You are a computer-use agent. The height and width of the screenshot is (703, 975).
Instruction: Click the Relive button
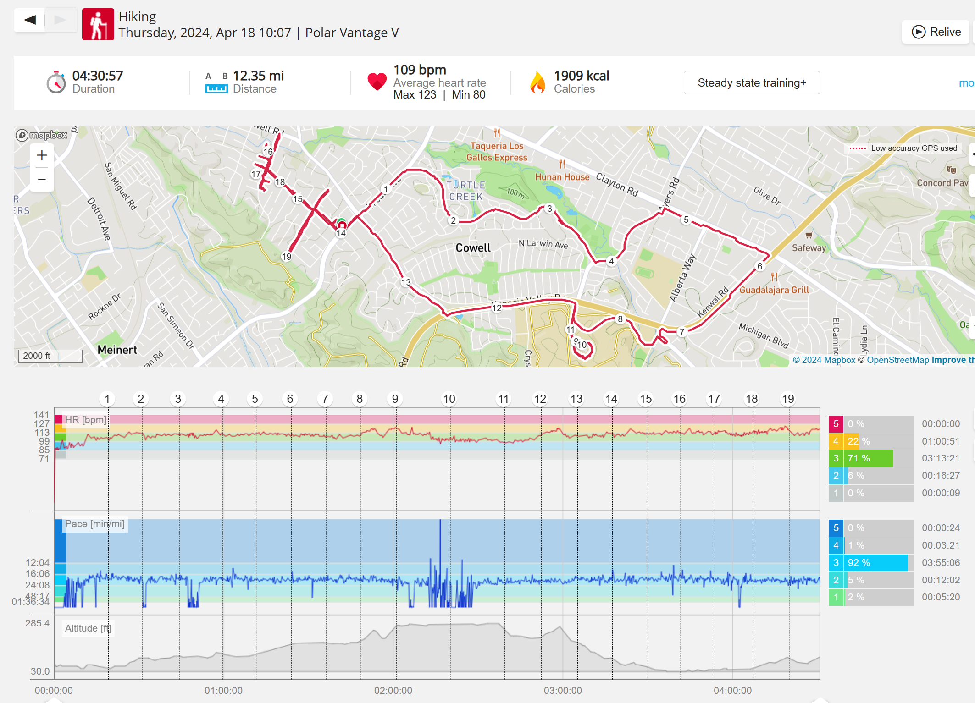(936, 32)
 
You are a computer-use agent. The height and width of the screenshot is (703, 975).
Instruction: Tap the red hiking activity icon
(98, 25)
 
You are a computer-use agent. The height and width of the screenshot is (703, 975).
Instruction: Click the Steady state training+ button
(752, 83)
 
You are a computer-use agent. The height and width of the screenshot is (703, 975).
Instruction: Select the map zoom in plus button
(42, 155)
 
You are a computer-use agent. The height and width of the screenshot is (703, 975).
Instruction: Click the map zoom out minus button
(42, 179)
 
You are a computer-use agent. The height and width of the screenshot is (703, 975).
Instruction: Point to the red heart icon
(377, 82)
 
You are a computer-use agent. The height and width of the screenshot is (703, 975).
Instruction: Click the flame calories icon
(537, 82)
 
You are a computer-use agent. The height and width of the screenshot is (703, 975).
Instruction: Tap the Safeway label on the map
(809, 248)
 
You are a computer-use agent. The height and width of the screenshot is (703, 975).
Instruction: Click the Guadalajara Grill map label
(774, 290)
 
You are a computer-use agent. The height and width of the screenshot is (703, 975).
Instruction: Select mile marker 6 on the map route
(760, 266)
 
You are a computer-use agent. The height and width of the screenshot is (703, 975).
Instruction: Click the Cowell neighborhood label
(473, 248)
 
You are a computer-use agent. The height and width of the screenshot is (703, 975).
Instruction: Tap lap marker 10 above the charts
(449, 399)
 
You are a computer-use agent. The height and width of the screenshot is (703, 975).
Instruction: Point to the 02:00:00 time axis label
(393, 691)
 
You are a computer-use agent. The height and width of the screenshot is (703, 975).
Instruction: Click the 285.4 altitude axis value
(37, 623)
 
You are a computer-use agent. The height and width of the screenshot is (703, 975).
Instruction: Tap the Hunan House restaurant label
(562, 177)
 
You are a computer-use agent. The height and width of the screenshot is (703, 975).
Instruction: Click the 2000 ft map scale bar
(50, 356)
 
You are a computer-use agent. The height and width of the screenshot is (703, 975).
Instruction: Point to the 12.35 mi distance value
(258, 76)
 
